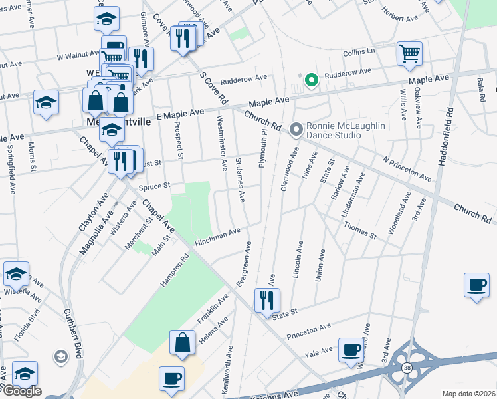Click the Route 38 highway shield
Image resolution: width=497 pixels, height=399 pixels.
tap(406, 367)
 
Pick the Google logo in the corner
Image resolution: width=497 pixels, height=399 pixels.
tap(22, 391)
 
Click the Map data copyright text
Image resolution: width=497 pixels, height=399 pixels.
tap(468, 394)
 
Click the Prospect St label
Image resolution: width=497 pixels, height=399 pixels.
tap(180, 144)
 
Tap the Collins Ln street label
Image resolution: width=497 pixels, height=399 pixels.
tap(359, 51)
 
